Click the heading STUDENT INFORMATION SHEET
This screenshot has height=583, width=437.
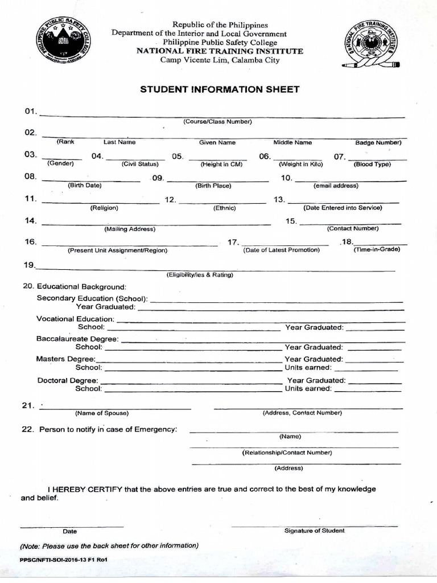pos(219,89)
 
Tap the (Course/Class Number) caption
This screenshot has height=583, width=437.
pos(217,122)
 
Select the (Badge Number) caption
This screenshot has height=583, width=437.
pos(378,143)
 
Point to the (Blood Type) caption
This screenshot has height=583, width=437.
pos(372,164)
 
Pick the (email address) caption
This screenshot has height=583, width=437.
pos(336,186)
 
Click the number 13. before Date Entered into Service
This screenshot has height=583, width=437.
pos(279,199)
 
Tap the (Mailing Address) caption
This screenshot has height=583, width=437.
pos(129,229)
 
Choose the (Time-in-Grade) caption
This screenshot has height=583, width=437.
pos(377,249)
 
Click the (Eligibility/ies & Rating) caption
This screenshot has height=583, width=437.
pos(200,275)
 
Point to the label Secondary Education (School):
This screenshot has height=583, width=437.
pos(92,298)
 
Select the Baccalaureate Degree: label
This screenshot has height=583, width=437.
pos(77,339)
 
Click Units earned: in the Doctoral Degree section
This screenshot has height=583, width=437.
pos(308,388)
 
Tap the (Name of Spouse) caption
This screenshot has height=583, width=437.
pos(102,413)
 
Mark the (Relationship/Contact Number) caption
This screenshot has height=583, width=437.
pos(287,453)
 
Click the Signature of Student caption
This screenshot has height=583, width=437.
pos(314,531)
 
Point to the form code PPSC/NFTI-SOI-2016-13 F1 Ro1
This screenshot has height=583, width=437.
pos(64,560)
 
